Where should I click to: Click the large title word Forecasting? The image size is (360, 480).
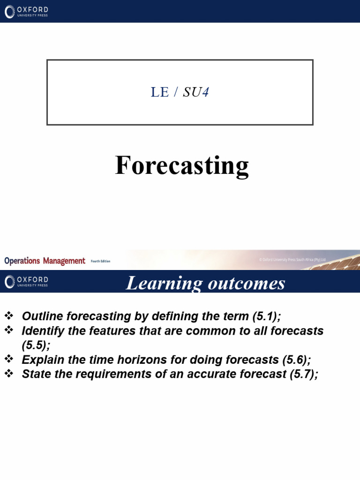point(181,166)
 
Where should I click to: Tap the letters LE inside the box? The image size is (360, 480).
point(159,92)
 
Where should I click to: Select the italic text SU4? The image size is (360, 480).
point(196,92)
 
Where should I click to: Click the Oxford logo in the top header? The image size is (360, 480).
point(27,12)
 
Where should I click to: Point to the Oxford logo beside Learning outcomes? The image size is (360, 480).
point(27,282)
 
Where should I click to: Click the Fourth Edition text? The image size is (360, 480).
point(100,262)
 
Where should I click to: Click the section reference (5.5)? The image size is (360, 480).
point(34,345)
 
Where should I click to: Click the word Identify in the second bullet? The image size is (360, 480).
point(41,331)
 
